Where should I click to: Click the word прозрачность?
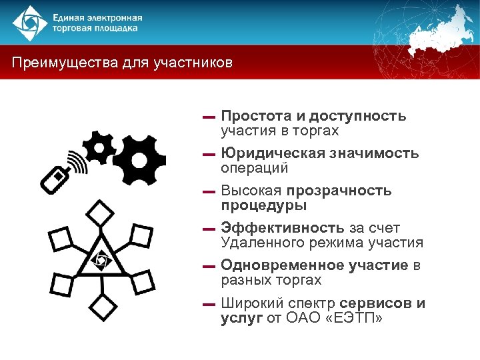tap(348, 191)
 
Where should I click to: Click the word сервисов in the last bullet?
tap(377, 303)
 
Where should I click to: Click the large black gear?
tap(139, 160)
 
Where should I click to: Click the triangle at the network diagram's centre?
tap(101, 257)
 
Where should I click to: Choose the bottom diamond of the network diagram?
tap(102, 308)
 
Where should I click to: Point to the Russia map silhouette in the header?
tap(440, 30)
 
